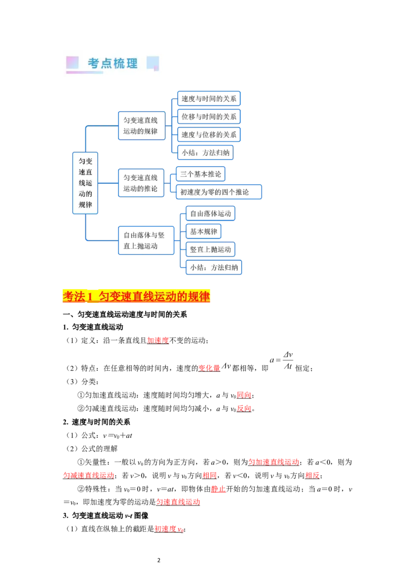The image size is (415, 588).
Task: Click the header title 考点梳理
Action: (113, 63)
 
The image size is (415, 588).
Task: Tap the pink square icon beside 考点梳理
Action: (72, 63)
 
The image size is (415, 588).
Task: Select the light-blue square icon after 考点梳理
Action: (153, 63)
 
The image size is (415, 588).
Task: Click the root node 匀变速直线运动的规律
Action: (85, 183)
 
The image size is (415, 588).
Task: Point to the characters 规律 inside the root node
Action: (85, 205)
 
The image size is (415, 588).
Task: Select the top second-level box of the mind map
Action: (140, 125)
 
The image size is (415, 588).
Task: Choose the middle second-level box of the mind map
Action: (141, 183)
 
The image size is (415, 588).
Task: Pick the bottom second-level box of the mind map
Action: (145, 240)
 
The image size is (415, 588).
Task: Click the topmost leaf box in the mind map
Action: (208, 99)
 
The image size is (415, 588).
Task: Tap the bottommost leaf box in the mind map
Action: (213, 268)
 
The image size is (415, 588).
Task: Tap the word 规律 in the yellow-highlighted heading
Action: (199, 297)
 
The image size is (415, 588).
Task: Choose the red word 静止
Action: (218, 489)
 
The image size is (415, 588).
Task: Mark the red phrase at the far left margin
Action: (89, 474)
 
